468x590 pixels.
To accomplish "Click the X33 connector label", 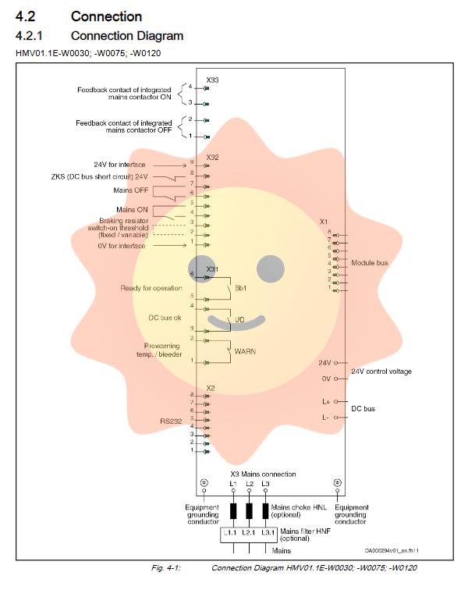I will [x=212, y=80].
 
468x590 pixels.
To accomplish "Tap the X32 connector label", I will [x=212, y=157].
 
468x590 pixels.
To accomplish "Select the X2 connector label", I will [x=211, y=388].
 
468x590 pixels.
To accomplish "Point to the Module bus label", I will [x=370, y=263].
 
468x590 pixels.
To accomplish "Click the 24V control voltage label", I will [x=381, y=371].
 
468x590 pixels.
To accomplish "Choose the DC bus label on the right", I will [x=363, y=409].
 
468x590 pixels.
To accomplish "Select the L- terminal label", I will [x=325, y=418].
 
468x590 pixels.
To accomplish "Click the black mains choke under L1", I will [x=232, y=511].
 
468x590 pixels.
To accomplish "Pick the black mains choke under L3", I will [x=265, y=511].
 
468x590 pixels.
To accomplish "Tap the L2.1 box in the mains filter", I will [x=249, y=532].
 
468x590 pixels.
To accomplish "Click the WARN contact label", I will [x=246, y=351].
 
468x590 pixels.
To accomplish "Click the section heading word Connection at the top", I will [x=106, y=16].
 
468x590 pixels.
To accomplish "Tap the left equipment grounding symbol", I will [x=204, y=483].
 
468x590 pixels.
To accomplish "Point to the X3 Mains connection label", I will [x=263, y=474].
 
